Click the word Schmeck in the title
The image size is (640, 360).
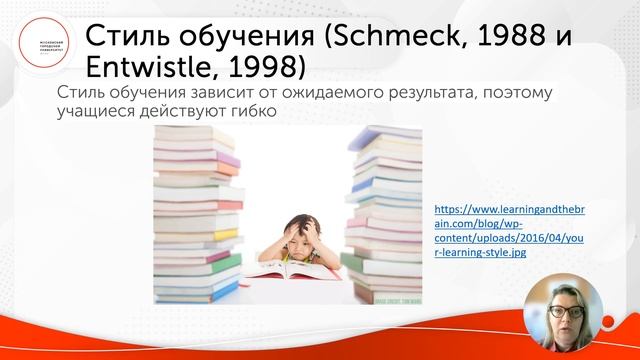click(404, 38)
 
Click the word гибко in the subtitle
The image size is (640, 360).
click(251, 114)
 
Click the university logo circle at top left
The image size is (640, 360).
click(39, 42)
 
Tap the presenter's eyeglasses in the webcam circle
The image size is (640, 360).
click(562, 308)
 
